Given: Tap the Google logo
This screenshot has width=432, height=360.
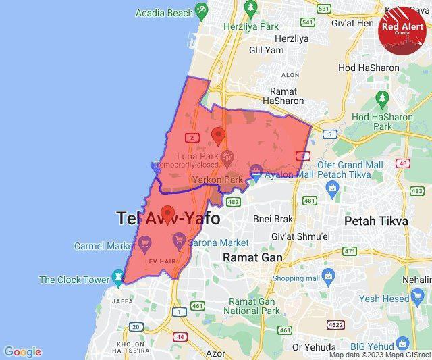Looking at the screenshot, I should point(22,352).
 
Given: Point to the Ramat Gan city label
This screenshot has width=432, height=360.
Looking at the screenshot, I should point(253,257).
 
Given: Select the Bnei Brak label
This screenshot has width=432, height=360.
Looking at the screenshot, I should point(273,219).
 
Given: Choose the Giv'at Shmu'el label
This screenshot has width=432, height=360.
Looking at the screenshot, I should point(300,236).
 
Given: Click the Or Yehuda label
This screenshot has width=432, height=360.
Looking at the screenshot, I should point(314,347).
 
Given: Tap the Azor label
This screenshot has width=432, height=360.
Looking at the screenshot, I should point(215,353).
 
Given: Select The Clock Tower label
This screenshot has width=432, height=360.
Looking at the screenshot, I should point(74,280).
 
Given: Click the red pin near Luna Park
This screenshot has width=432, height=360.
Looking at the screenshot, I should point(218,135).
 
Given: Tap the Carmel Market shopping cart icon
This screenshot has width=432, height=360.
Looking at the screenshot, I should point(145,242).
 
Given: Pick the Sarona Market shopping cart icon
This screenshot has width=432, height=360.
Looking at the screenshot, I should point(179,240).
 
